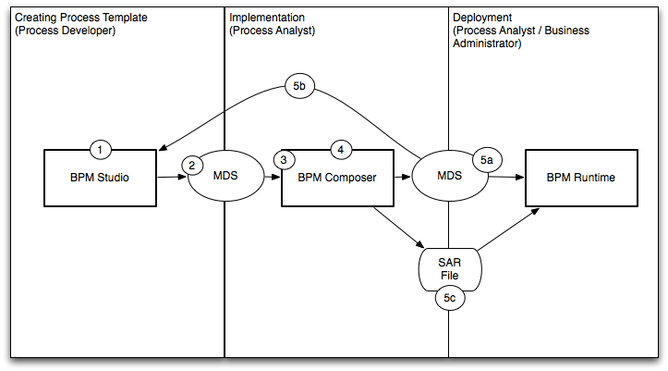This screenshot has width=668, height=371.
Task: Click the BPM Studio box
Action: pos(101,178)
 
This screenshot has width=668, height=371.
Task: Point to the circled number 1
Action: pos(101,149)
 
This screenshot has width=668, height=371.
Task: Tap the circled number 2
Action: pos(192,165)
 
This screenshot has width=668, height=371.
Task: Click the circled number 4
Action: pos(340,149)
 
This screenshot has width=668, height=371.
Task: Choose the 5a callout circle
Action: pos(487,160)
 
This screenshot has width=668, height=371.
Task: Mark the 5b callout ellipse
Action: pos(299,87)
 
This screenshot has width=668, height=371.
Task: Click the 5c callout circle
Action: pos(448,299)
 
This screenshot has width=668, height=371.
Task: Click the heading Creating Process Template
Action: pos(81,18)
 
